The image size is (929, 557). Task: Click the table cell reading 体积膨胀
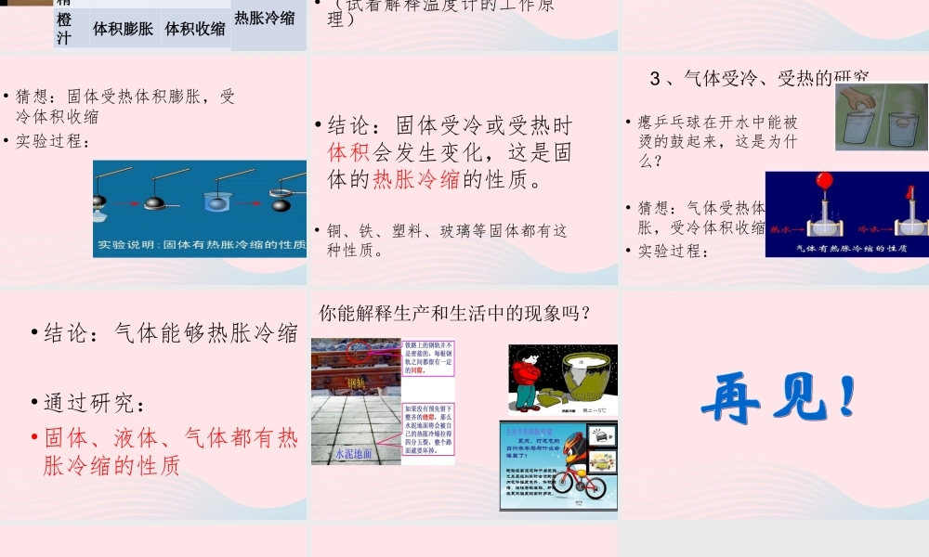123,28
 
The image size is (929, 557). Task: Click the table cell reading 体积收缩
195,28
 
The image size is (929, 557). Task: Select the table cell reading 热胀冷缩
269,18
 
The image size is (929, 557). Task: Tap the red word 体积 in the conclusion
349,152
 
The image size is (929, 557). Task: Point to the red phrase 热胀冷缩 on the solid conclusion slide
415,179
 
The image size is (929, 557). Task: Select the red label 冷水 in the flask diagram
871,227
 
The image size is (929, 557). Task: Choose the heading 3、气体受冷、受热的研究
760,78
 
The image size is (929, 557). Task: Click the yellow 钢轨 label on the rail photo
357,382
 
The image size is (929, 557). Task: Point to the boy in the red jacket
529,376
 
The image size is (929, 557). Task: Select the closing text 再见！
777,399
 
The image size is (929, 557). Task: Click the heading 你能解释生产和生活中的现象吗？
455,314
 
